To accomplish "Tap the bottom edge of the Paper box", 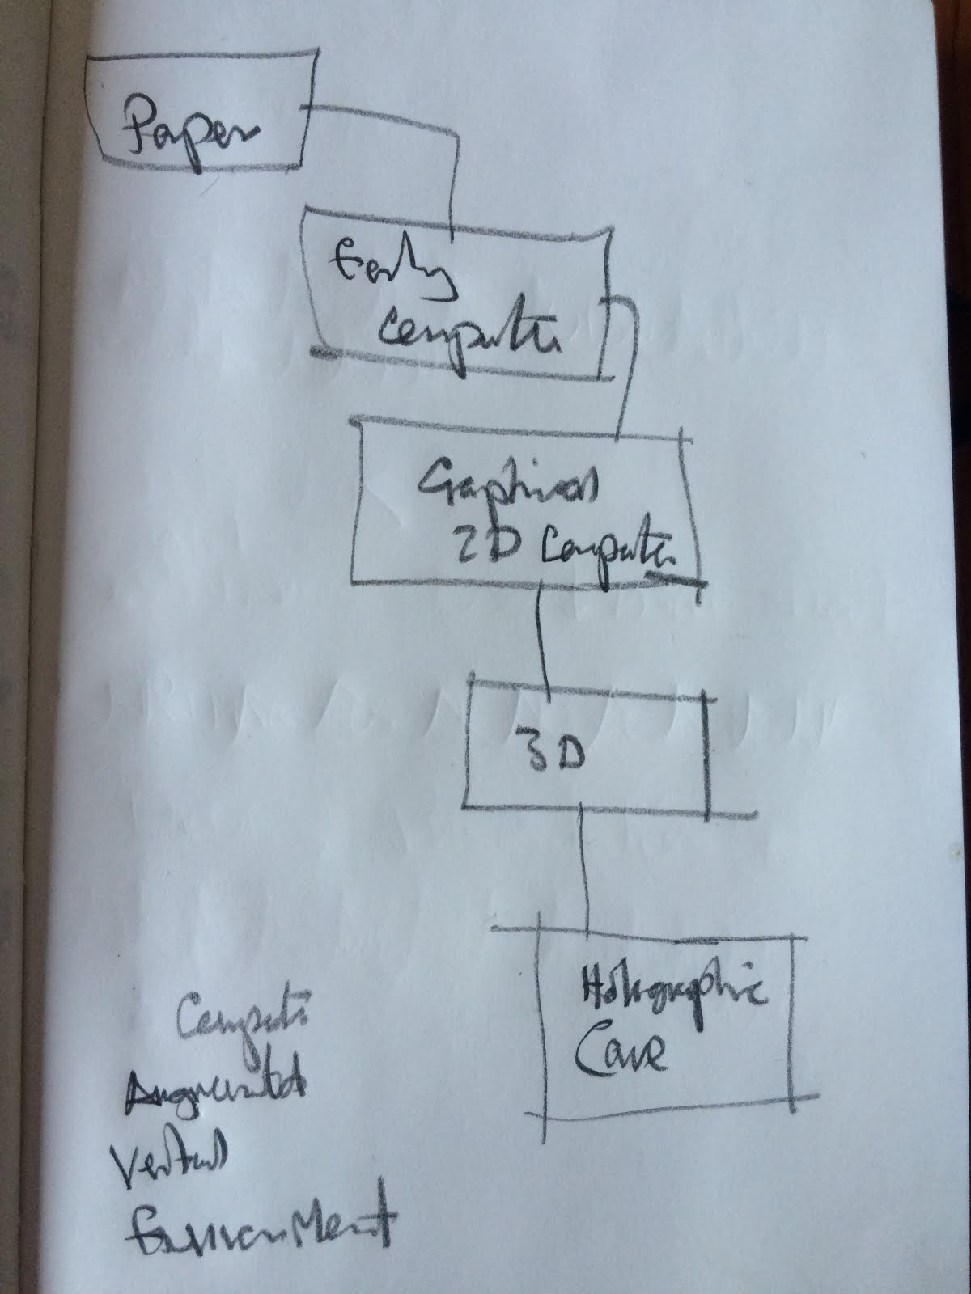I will click(198, 167).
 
